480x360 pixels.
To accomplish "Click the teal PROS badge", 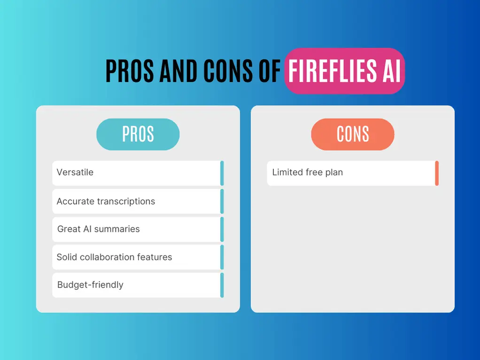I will [138, 134].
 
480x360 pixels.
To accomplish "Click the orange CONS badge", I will [353, 134].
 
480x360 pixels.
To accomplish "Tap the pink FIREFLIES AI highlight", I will [344, 71].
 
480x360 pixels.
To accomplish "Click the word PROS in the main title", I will [130, 71].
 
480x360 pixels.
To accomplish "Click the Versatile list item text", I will [75, 172].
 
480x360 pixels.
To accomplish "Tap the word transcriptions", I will [125, 201].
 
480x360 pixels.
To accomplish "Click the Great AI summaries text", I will [99, 229].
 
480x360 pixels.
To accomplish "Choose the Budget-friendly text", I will [90, 285].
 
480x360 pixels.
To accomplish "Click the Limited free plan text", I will [308, 172].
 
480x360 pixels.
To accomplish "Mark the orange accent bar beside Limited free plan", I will [437, 173].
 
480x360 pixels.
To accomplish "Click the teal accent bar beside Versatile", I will [222, 173].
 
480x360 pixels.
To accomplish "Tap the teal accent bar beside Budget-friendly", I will [222, 285].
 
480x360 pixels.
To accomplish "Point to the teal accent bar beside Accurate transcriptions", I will [222, 201].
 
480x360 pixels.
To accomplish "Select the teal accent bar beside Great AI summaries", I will [222, 229].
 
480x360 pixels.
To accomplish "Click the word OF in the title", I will [268, 71].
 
